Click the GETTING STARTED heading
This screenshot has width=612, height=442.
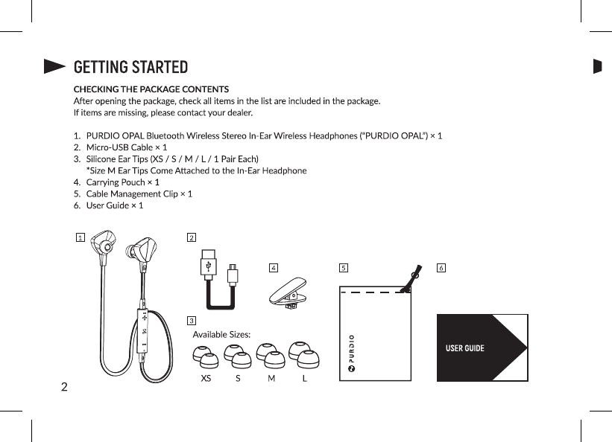[130, 67]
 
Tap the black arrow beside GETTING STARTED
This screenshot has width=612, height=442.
[54, 67]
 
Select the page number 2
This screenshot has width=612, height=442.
[64, 387]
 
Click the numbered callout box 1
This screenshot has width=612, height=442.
[80, 237]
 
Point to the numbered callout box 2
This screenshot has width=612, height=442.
[192, 237]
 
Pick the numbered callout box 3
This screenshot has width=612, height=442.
[192, 321]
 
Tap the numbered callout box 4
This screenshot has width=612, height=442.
[274, 266]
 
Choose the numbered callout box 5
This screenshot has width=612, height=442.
[343, 266]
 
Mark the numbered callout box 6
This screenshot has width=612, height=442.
[441, 266]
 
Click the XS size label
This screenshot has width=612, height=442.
[206, 378]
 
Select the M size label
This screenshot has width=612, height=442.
[271, 378]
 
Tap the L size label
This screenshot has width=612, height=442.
[305, 378]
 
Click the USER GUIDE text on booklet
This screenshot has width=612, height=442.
[464, 348]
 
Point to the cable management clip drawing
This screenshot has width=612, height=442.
[288, 293]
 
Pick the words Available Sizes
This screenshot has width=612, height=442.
[221, 334]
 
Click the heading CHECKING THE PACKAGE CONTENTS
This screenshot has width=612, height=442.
[151, 89]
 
